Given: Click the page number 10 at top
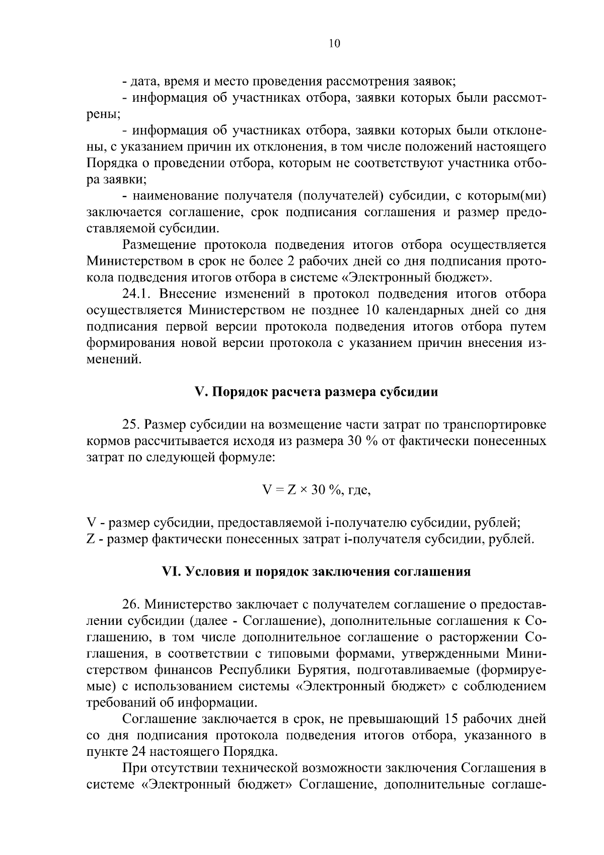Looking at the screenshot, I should [x=334, y=43].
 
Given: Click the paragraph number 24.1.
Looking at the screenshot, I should [x=137, y=294].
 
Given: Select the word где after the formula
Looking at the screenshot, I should [x=359, y=490].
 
